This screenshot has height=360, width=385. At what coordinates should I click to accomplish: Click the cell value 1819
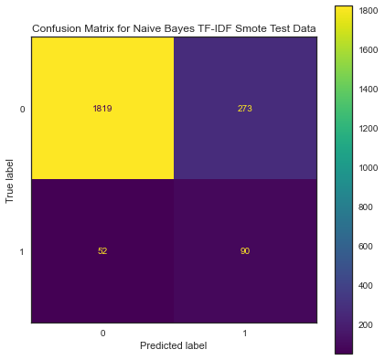click(103, 109)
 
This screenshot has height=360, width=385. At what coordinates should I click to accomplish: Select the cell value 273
click(246, 109)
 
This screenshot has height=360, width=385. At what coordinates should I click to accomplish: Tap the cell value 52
click(103, 251)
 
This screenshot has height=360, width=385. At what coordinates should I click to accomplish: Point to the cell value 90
click(246, 251)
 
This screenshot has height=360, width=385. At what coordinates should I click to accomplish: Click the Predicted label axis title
click(175, 345)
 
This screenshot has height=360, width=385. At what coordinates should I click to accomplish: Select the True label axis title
click(10, 180)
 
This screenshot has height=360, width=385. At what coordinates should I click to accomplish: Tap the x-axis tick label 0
click(103, 333)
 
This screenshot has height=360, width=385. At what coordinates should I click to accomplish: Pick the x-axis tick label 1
click(246, 333)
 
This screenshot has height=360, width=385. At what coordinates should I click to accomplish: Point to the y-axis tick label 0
click(22, 109)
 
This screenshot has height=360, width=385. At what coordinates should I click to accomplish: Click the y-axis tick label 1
click(22, 251)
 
